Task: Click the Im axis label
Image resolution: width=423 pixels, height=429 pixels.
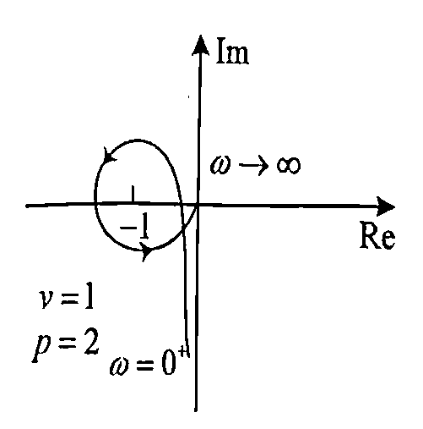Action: [x=232, y=52]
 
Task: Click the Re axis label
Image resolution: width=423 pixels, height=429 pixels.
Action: [x=377, y=237]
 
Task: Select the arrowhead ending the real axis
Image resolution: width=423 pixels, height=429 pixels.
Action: [x=385, y=206]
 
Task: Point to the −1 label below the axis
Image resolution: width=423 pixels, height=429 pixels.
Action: [x=134, y=228]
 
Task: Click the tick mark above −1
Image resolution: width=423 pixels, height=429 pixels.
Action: [x=133, y=194]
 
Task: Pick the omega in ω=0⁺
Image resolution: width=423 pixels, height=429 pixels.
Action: [x=121, y=366]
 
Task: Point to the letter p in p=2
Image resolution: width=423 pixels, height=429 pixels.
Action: [x=42, y=349]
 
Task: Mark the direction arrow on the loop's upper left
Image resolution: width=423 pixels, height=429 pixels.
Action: [x=109, y=155]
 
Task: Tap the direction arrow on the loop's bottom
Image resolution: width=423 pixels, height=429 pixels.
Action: [x=147, y=250]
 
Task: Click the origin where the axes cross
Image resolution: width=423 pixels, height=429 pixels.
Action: [x=198, y=206]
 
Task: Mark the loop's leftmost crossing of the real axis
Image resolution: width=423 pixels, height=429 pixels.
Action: [x=95, y=204]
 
